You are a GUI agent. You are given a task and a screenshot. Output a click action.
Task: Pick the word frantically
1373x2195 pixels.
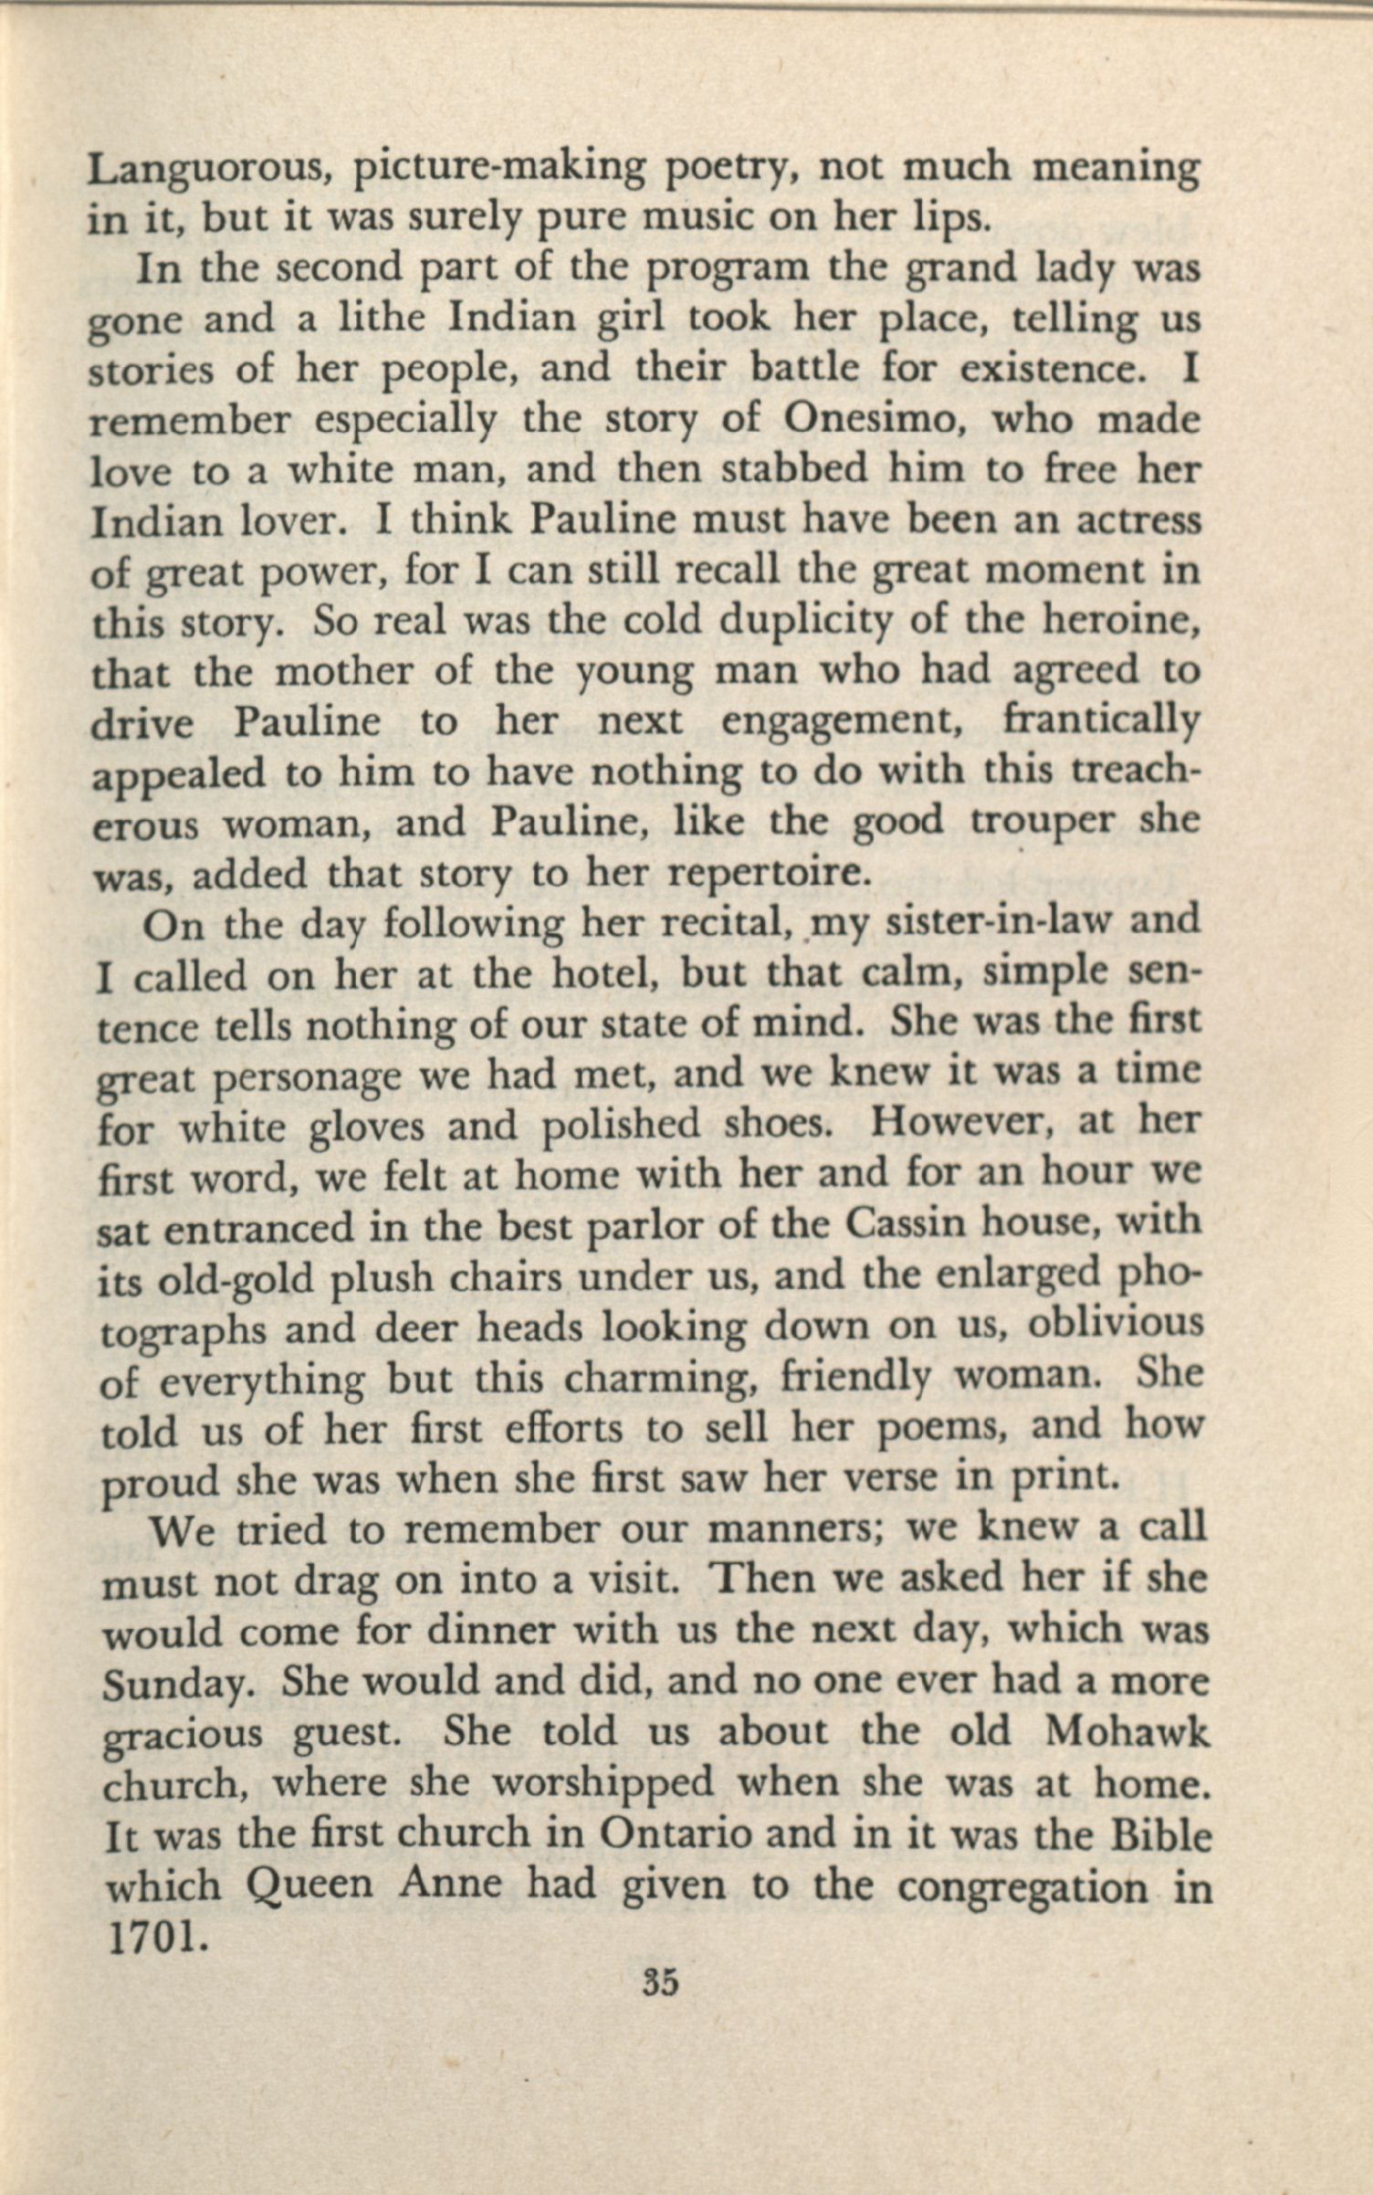point(1100,721)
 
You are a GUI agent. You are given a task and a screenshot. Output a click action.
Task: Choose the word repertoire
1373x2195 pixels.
point(766,874)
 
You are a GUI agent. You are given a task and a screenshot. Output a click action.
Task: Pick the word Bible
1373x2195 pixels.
point(1159,1835)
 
